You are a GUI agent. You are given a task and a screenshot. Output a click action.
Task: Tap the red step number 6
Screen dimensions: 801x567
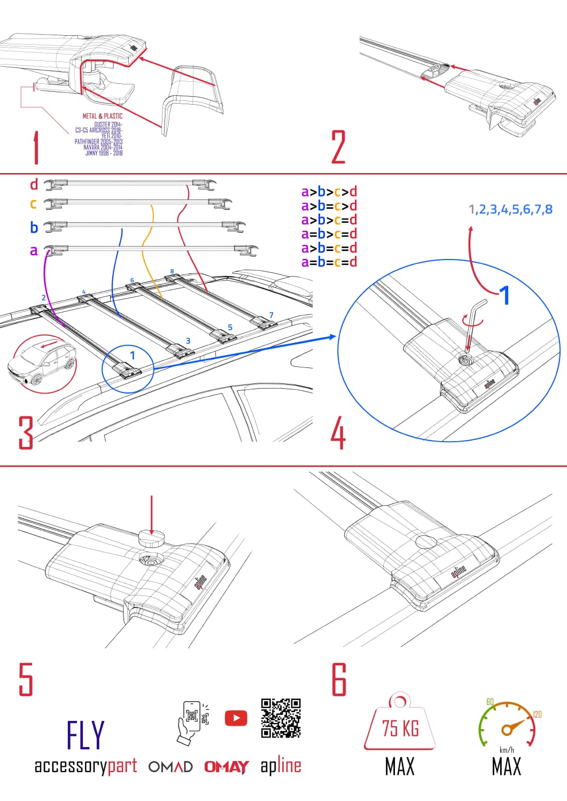point(339,679)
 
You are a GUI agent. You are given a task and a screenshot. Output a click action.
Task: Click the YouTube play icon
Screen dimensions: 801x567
point(236,718)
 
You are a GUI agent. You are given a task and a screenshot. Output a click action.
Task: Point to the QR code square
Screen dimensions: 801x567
point(281,718)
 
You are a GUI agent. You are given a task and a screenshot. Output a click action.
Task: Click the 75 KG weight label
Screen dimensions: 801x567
point(400,728)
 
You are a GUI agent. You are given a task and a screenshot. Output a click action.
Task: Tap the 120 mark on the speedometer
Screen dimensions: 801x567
point(538,714)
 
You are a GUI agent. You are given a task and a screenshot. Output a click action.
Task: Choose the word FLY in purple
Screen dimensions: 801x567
point(86,735)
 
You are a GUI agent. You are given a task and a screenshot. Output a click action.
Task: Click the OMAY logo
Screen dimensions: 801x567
point(226,767)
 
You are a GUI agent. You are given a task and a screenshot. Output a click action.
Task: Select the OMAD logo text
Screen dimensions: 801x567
point(170,767)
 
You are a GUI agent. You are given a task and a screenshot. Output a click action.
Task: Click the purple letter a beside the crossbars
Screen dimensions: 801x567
point(34,250)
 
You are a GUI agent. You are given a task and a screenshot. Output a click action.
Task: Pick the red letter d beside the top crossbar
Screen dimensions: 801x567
point(34,185)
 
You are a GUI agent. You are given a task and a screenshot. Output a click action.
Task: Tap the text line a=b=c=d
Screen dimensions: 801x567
point(329,262)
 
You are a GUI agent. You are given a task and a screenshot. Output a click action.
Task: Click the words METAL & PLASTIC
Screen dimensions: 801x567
point(102,116)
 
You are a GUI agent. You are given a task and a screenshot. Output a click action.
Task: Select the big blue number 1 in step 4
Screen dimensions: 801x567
point(504,295)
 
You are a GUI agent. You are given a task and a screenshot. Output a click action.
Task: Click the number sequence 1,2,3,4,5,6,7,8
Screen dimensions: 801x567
point(510,209)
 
